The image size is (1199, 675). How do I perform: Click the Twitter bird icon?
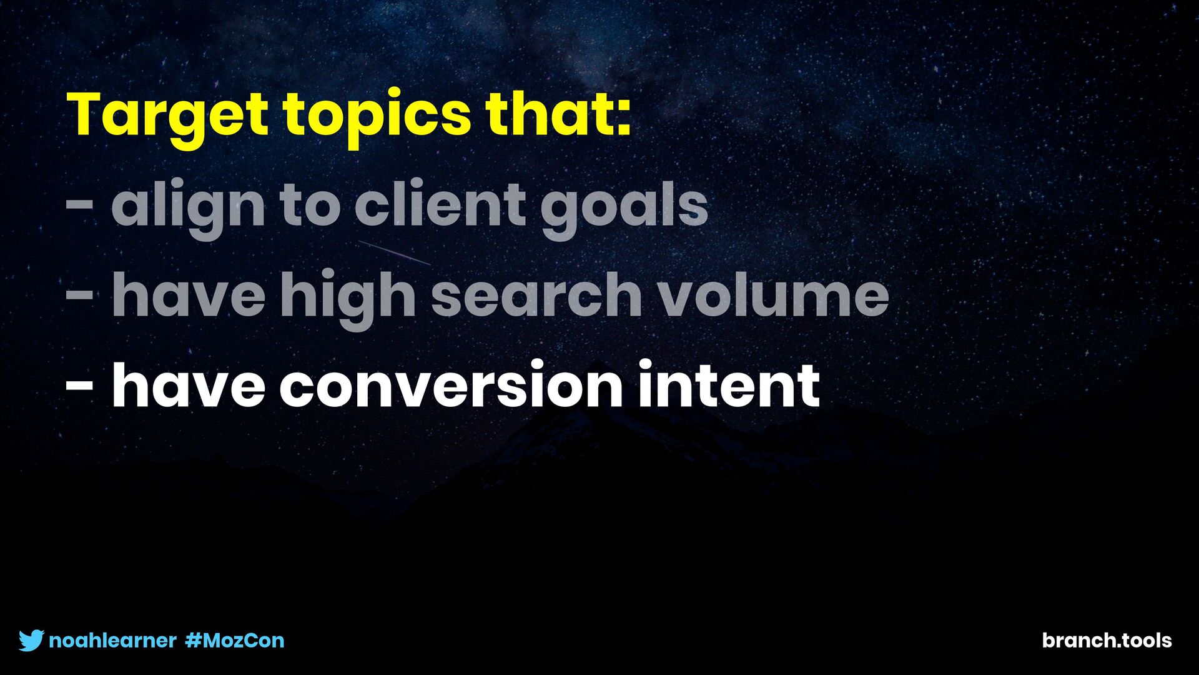(31, 641)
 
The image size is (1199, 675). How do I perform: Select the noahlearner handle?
(112, 641)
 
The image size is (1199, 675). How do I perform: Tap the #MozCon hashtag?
(235, 641)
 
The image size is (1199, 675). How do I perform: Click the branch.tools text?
(1107, 641)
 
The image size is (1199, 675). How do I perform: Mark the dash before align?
(80, 205)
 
